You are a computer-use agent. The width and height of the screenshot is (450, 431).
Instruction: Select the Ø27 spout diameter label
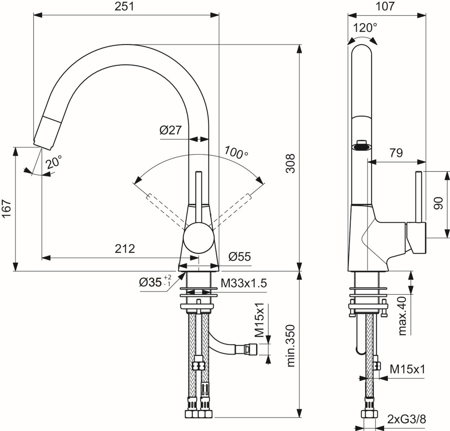point(170,130)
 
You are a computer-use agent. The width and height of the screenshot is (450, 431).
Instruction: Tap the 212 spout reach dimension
point(125,249)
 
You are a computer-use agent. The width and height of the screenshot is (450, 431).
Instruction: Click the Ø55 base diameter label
point(240,257)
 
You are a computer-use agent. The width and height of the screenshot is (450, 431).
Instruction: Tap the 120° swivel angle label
point(365,28)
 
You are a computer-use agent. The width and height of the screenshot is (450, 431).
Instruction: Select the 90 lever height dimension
point(438,204)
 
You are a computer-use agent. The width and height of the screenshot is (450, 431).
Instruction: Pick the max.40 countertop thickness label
point(402,315)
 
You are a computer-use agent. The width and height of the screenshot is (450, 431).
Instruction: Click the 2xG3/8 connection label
point(407,419)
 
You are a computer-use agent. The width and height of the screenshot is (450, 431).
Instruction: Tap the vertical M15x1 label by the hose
point(260,320)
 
